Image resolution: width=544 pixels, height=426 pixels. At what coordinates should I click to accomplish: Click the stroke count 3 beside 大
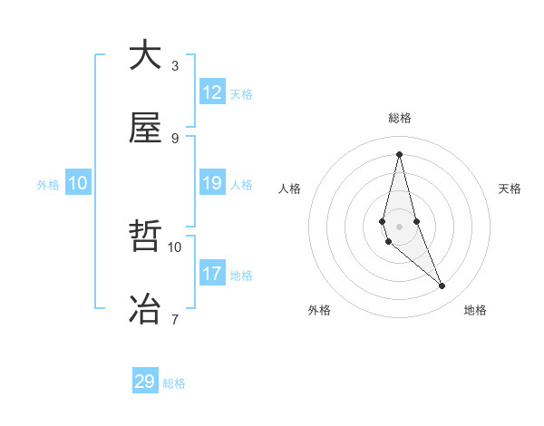tap(175, 65)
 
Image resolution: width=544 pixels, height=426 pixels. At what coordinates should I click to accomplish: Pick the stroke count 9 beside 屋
tap(175, 138)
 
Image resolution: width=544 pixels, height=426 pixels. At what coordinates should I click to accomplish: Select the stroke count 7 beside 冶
tap(175, 318)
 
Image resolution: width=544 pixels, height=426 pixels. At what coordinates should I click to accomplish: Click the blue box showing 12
tap(212, 92)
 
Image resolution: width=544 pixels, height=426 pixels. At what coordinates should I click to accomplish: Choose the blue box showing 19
tap(212, 183)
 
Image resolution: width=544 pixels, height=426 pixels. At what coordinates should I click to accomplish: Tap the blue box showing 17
tap(212, 273)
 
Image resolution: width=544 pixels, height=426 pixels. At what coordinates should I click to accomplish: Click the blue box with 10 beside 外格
tap(78, 183)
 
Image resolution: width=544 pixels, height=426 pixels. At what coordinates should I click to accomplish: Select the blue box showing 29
tap(145, 382)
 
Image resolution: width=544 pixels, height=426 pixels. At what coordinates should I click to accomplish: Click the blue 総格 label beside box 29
tap(174, 383)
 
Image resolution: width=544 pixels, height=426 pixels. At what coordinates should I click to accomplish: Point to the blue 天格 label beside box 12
tap(241, 94)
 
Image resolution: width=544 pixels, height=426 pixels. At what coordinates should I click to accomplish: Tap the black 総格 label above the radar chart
tap(400, 118)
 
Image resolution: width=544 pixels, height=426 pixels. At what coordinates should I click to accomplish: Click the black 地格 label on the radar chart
tap(475, 310)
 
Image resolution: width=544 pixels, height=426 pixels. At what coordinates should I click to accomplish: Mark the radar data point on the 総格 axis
tap(399, 153)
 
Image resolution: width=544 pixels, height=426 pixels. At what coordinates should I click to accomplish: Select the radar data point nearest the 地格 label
tap(442, 286)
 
